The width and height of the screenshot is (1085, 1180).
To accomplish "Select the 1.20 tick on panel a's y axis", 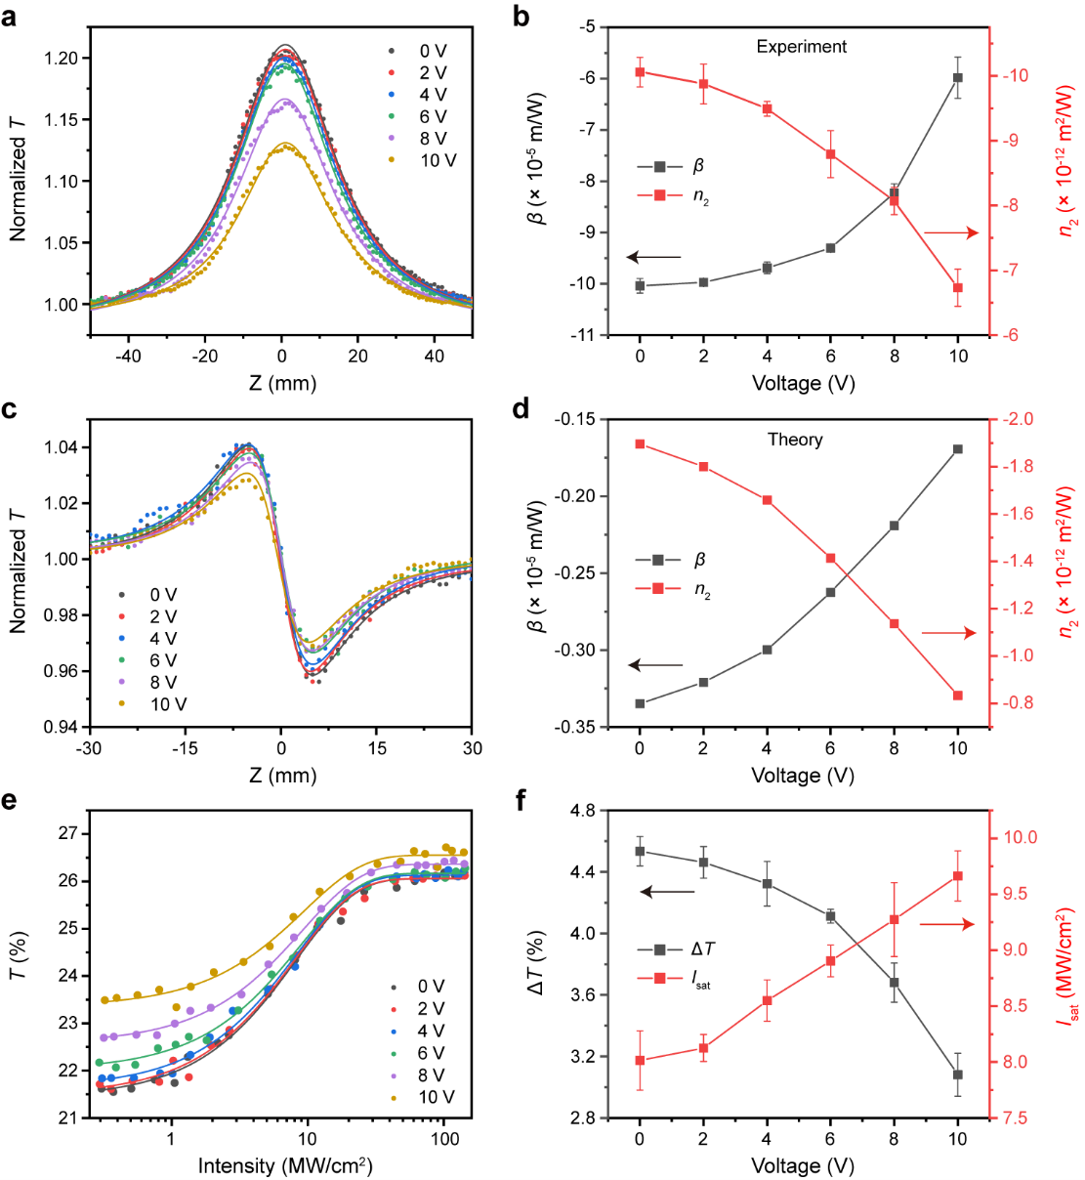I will pyautogui.click(x=60, y=58).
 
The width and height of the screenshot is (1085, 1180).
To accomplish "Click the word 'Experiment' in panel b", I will pyautogui.click(x=801, y=46).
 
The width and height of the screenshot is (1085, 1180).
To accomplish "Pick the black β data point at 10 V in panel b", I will pyautogui.click(x=958, y=77).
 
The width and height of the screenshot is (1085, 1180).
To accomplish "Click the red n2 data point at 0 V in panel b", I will pyautogui.click(x=640, y=71).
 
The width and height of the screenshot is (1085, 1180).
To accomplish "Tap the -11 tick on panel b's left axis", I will pyautogui.click(x=583, y=335).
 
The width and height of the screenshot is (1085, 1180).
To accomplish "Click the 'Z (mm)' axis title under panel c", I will pyautogui.click(x=282, y=776).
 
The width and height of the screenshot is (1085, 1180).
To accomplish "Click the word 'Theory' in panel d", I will pyautogui.click(x=795, y=440).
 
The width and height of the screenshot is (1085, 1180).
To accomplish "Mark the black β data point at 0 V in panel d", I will pyautogui.click(x=640, y=703).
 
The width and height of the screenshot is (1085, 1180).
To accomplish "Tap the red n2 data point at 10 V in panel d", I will pyautogui.click(x=958, y=695).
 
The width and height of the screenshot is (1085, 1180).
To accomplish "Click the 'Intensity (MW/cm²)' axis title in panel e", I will pyautogui.click(x=285, y=1165).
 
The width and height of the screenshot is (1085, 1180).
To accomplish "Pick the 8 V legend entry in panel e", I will pyautogui.click(x=431, y=1075).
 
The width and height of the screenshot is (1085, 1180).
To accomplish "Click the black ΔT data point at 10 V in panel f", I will pyautogui.click(x=958, y=1075).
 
